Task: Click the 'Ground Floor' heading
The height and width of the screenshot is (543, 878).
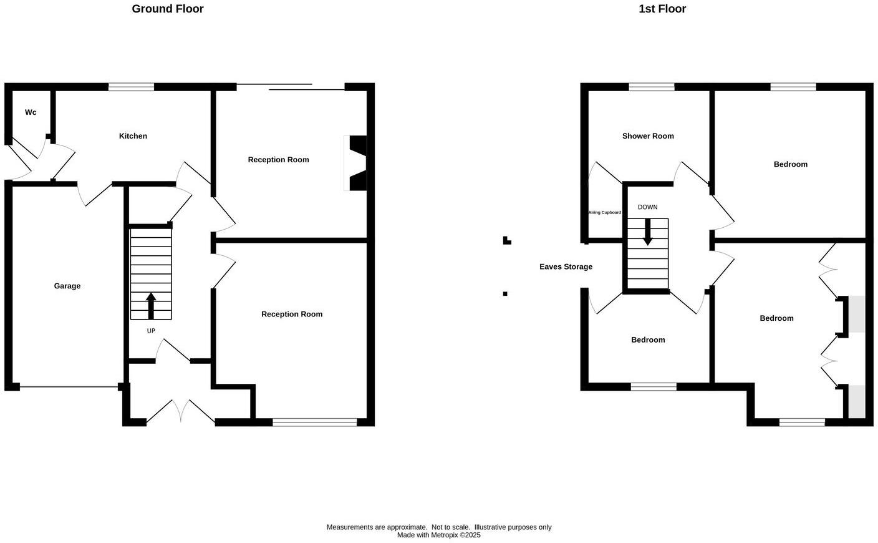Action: (x=167, y=9)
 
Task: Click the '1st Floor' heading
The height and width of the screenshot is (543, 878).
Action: (x=662, y=9)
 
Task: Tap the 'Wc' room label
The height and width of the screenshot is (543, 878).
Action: (x=31, y=112)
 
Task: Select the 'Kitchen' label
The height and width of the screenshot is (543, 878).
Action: (x=133, y=136)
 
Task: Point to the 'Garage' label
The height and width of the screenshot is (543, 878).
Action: (x=67, y=286)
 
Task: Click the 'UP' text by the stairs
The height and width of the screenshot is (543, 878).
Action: (x=151, y=331)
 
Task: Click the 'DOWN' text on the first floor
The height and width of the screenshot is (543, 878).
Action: (x=647, y=207)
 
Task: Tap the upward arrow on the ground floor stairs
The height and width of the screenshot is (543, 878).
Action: (x=151, y=305)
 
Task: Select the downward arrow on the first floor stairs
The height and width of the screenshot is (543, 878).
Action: (x=648, y=232)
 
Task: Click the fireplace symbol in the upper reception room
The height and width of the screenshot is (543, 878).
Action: (x=356, y=163)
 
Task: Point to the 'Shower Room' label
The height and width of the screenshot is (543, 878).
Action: (x=648, y=136)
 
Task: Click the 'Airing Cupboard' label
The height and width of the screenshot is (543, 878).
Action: (x=604, y=213)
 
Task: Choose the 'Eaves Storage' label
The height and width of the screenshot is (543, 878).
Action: (x=566, y=267)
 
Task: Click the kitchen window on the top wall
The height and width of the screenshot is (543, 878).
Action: (x=131, y=87)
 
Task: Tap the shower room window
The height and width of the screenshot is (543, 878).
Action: (x=651, y=87)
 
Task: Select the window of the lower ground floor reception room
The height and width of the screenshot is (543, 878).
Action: (x=314, y=423)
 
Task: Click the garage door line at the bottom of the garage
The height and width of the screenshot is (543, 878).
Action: (x=69, y=388)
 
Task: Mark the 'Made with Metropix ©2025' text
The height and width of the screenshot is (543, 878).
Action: (x=439, y=535)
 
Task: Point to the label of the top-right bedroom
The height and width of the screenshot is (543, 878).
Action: (x=790, y=164)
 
